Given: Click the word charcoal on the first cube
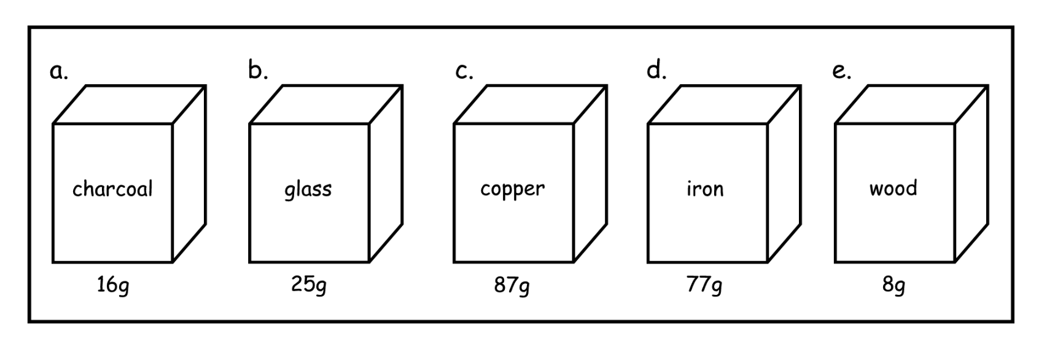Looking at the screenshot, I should point(112,189).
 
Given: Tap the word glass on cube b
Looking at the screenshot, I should point(308,189).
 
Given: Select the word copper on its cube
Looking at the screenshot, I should point(512,189).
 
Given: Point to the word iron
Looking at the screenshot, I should point(705,189).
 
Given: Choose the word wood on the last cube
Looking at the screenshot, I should point(893,188).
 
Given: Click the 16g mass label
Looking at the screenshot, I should point(113,286).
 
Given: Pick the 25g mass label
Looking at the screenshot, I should point(308,285).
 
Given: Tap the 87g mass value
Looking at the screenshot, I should point(512,286).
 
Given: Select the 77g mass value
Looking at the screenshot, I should point(704,286).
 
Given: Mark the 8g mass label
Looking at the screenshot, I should point(893,286).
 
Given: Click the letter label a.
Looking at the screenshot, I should point(58,72).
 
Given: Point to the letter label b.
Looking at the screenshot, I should point(257,71).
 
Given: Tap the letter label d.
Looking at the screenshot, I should point(656,71).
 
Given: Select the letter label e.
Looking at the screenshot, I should point(841,72).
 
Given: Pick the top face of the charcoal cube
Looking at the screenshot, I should point(130,105).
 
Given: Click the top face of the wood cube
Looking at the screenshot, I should point(911,105).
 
